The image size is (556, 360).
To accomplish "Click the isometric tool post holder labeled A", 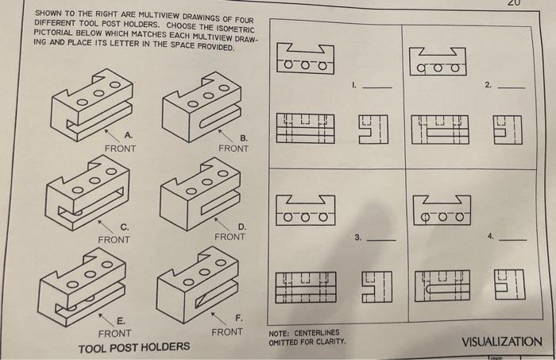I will coord(89,103).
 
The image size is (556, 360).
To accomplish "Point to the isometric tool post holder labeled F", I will coord(198,283).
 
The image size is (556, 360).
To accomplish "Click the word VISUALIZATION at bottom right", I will coord(501,342).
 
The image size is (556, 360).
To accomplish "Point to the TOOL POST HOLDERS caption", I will coord(133,347).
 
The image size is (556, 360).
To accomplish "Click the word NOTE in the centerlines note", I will coord(280,333).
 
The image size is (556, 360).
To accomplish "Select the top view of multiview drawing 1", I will coord(306,60).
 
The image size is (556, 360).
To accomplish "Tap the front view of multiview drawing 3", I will coord(306,285).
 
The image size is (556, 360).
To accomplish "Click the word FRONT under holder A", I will coord(120,149).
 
